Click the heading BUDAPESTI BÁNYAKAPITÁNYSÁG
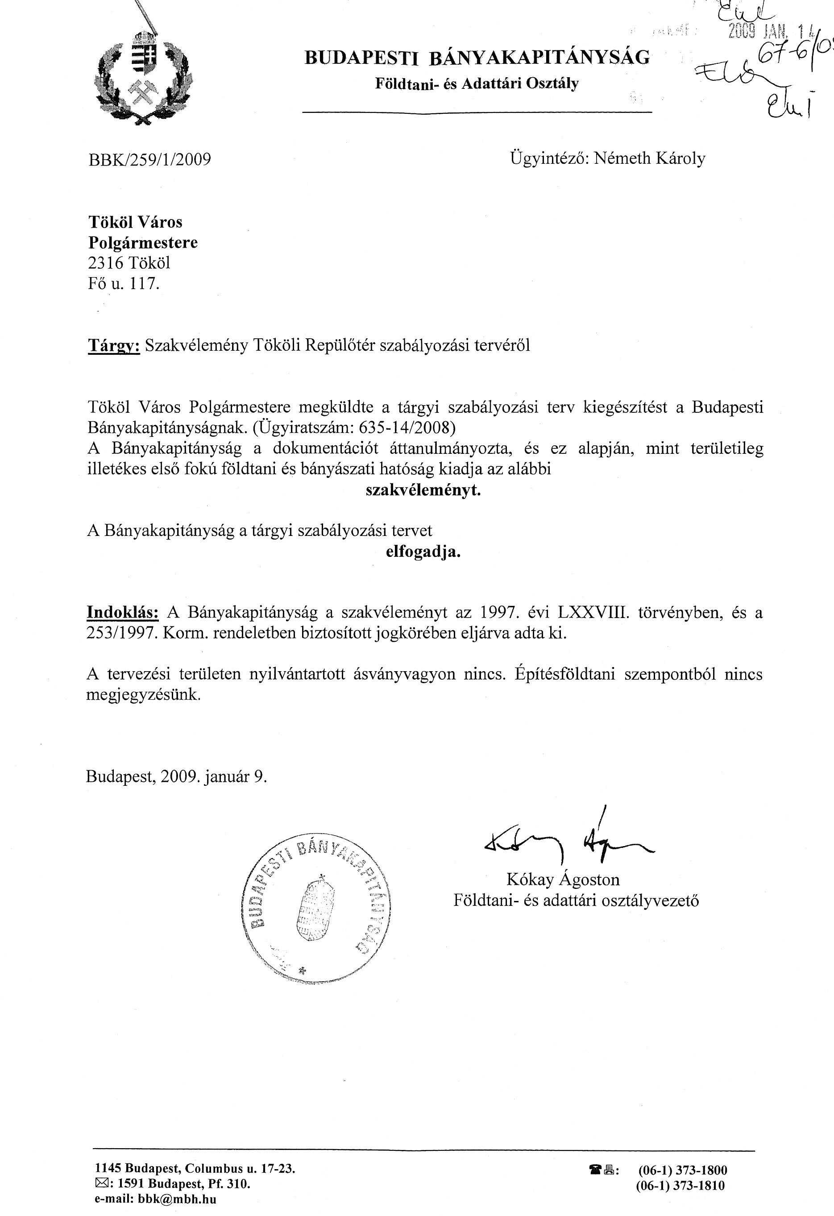tap(477, 57)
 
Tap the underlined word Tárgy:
tap(113, 345)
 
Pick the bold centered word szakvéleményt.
tap(423, 490)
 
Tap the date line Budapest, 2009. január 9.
tap(176, 776)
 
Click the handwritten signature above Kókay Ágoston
tap(567, 843)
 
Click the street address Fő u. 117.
tap(123, 284)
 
